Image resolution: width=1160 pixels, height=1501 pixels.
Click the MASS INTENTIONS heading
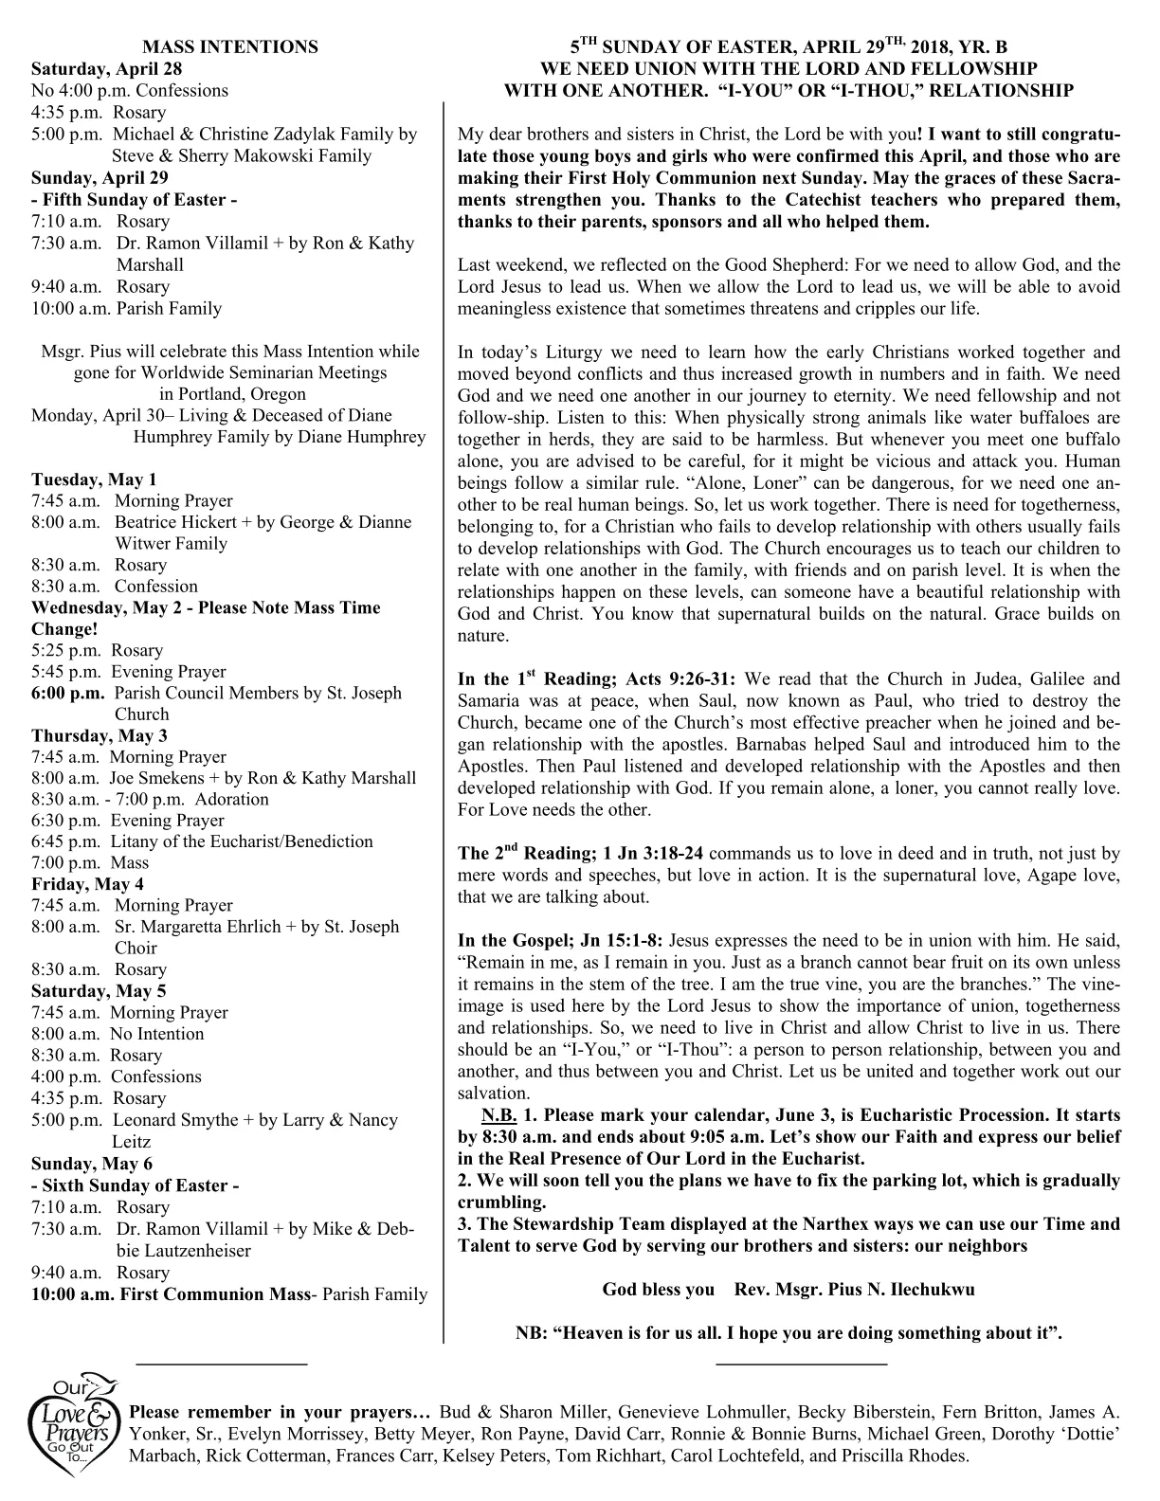(229, 46)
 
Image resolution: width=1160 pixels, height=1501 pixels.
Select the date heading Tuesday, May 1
(94, 479)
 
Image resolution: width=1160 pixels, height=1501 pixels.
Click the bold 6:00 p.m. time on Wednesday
(68, 693)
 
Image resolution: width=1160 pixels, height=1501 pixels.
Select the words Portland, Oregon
(232, 393)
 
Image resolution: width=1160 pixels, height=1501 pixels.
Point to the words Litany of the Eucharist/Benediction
(242, 841)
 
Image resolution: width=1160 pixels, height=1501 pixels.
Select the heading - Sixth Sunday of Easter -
(135, 1185)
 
